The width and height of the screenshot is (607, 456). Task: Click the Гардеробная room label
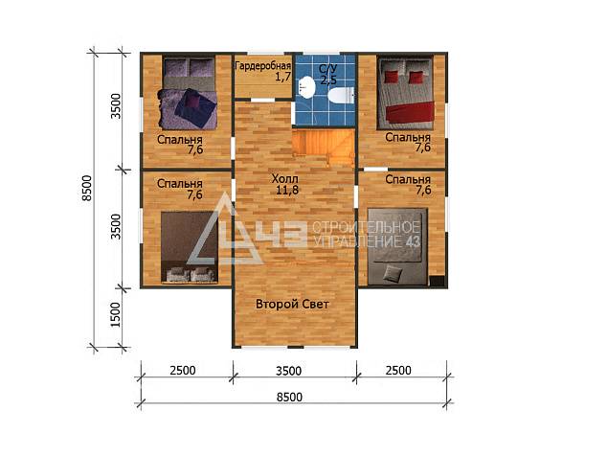coord(263,66)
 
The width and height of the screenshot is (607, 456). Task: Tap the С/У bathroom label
coord(327,69)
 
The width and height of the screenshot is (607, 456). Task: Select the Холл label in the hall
coord(285,178)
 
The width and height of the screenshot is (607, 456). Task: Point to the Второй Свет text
coord(292,304)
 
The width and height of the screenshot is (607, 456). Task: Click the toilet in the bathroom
coord(341,95)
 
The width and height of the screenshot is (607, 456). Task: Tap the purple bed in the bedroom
coord(189,93)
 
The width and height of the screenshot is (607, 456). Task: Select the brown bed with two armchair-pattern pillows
coord(190,247)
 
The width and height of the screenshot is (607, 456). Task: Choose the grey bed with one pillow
coord(397,247)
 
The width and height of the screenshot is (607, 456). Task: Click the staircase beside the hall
coord(324,147)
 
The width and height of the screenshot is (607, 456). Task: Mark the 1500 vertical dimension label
coord(116,314)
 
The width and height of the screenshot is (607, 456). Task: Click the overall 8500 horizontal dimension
coord(289,398)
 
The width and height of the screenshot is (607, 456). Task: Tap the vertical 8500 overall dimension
coord(87,189)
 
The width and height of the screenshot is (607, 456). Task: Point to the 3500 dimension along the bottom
coord(289,371)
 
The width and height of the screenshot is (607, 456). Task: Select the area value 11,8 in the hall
coord(287,190)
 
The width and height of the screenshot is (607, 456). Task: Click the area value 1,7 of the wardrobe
coord(283,77)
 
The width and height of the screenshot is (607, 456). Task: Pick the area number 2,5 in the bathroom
coord(328,80)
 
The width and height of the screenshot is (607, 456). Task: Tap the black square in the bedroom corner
coord(437,282)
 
